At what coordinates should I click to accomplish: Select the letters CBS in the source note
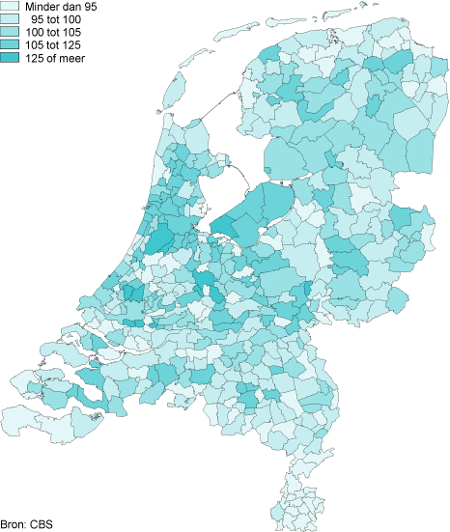point(42,524)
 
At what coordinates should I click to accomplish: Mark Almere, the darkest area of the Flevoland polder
point(223,228)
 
